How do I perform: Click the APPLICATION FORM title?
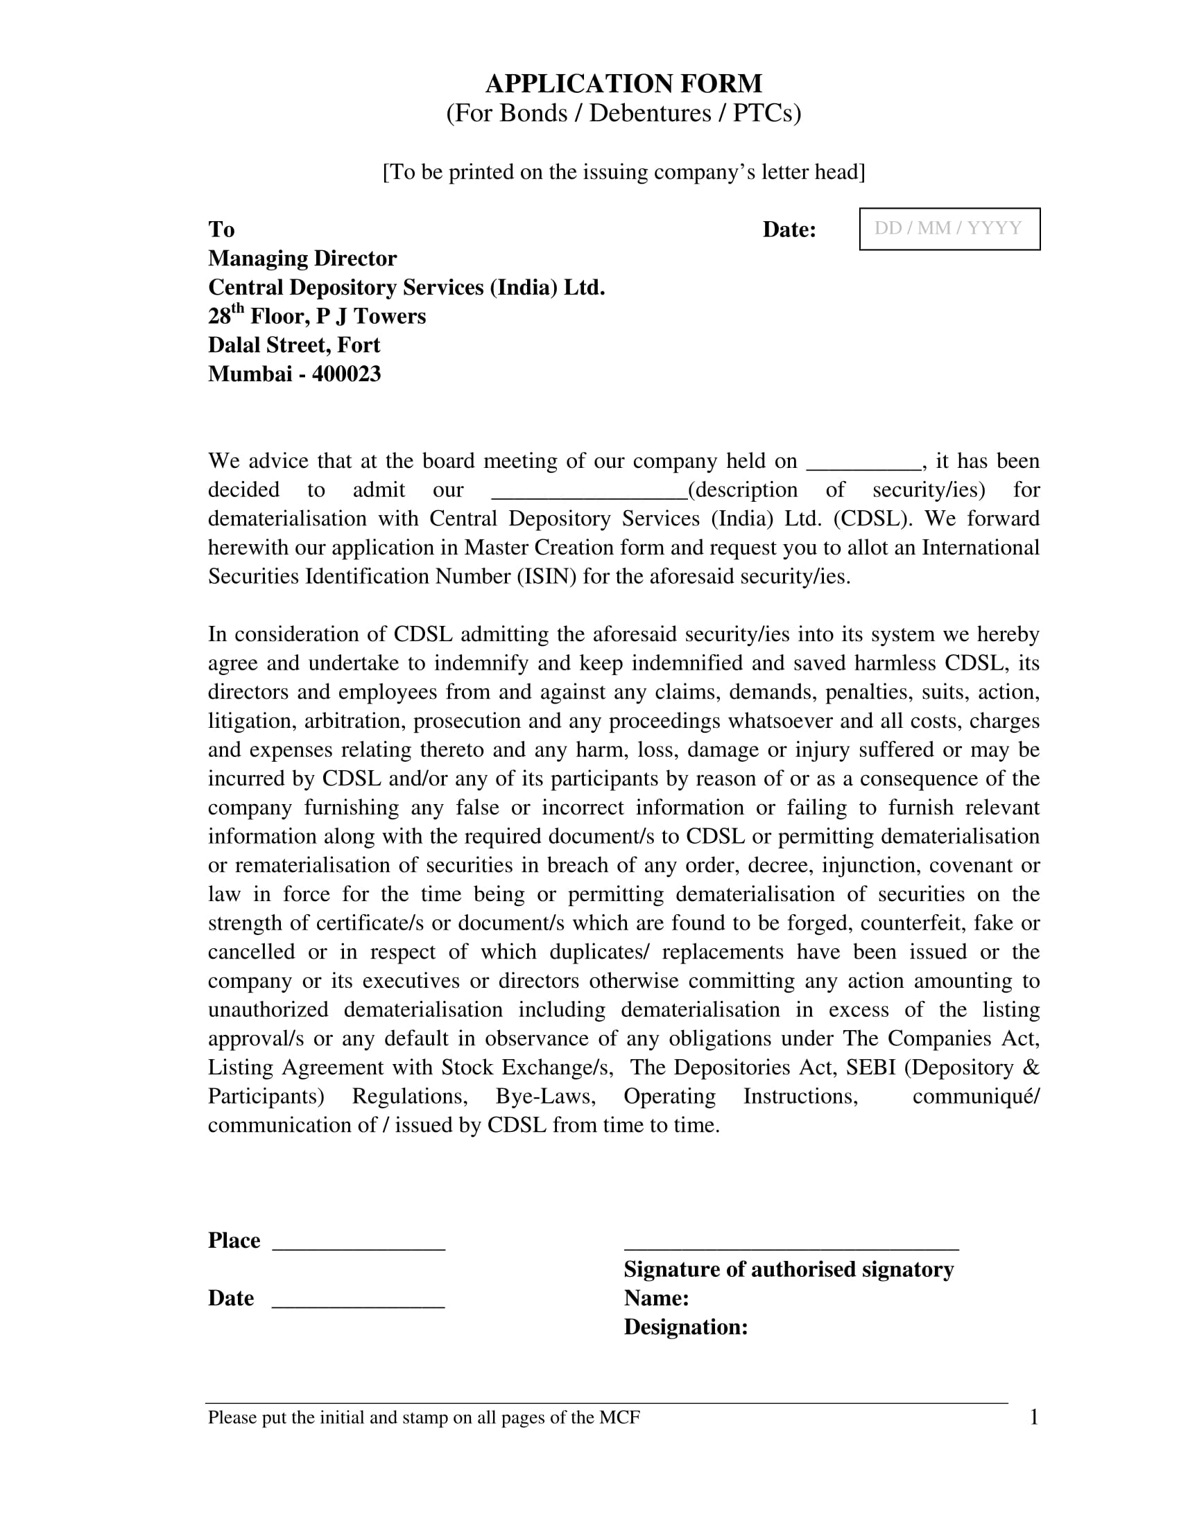[x=623, y=84]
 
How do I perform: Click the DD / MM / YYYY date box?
[x=949, y=229]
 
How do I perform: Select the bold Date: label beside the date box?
[x=789, y=229]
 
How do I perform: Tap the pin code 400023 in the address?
[x=347, y=374]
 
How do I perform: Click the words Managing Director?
[x=302, y=259]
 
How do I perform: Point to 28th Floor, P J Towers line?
[x=316, y=316]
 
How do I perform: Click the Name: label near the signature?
[x=656, y=1298]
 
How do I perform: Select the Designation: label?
[x=685, y=1327]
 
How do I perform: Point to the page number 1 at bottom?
[x=1034, y=1417]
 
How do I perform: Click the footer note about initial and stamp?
[x=423, y=1418]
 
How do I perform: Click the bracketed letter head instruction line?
[x=623, y=172]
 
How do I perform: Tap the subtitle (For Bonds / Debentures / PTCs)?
[x=623, y=113]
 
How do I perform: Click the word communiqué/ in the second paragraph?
[x=975, y=1097]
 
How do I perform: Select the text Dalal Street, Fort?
[x=293, y=346]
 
